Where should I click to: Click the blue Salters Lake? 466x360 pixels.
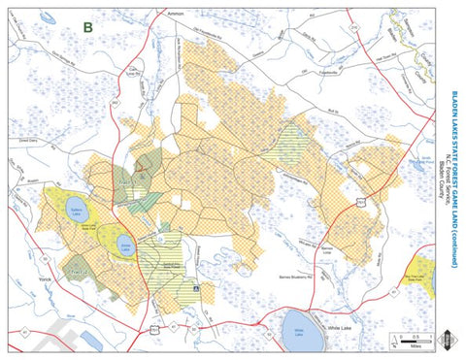click(78, 209)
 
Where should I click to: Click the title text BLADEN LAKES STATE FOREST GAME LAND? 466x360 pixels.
click(453, 180)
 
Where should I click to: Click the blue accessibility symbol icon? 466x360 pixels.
click(198, 288)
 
